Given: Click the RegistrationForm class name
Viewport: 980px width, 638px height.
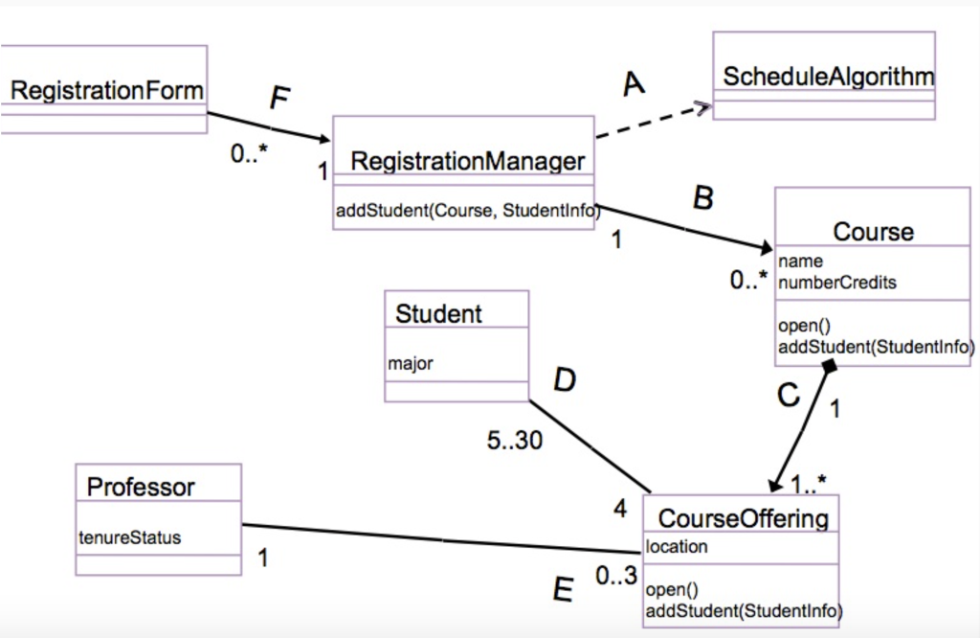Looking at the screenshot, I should tap(106, 91).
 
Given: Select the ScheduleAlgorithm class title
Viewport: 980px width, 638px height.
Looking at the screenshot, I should tap(828, 77).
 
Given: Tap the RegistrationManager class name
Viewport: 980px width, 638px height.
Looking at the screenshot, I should tap(467, 161).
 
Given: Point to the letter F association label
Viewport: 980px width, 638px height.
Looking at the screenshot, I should tap(278, 99).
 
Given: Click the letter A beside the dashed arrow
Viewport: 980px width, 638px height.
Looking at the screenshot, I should tap(633, 85).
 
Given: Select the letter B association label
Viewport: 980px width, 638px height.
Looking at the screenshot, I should tap(702, 198).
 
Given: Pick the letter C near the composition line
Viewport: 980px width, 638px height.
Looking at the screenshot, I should tap(788, 395).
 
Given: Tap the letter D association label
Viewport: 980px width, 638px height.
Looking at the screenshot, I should tap(565, 381).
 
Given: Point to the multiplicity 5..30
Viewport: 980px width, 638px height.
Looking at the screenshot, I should tap(514, 442).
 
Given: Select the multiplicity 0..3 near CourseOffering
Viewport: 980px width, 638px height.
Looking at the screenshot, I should tap(615, 577).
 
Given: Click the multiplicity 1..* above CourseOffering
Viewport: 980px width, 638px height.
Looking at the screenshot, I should tap(808, 482).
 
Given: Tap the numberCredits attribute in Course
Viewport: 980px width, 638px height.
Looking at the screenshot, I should tap(837, 283).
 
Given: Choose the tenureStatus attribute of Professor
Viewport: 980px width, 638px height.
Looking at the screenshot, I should tap(129, 537).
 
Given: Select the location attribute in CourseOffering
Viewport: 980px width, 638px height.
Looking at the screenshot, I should tap(677, 547).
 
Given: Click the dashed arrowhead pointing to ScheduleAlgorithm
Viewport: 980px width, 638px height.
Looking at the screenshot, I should tap(704, 107).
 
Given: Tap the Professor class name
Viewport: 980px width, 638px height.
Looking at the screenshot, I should tap(141, 487).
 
